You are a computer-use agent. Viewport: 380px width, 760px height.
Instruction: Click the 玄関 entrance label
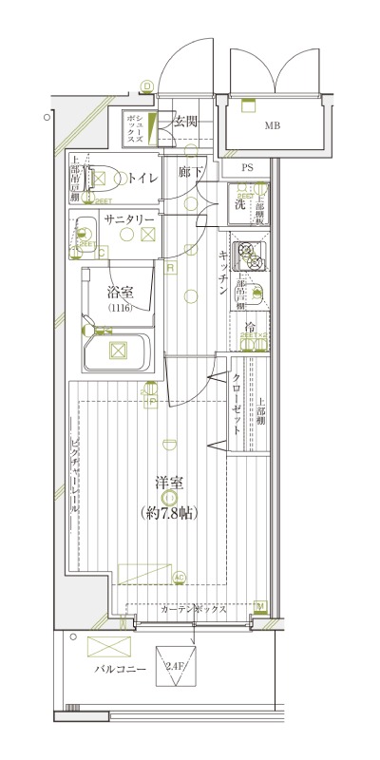(x=186, y=121)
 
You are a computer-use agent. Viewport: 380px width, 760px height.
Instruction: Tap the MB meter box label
(x=273, y=125)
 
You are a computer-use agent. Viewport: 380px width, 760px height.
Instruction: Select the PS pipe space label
(x=247, y=169)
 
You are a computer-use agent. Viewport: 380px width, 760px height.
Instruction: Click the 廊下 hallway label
(x=191, y=173)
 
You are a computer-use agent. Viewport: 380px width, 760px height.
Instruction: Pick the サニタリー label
(x=129, y=218)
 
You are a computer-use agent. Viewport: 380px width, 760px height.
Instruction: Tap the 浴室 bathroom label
(x=119, y=292)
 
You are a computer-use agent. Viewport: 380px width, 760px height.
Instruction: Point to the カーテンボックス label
(x=193, y=610)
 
